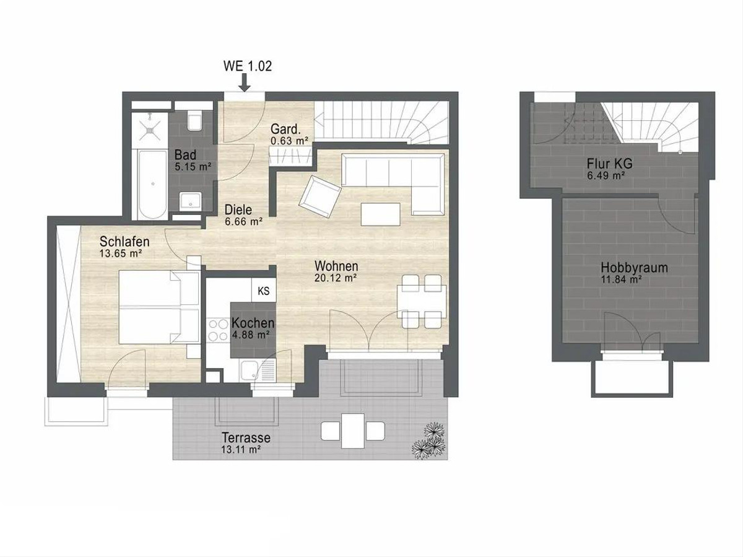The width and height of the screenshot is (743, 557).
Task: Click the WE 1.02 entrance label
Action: coord(248,66)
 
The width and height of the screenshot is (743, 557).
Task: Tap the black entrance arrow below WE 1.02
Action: coord(244,83)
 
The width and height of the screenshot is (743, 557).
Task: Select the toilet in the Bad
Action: coord(194,121)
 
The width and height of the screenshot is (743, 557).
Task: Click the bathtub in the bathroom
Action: coord(153,185)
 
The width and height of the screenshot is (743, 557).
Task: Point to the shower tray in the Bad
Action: coord(149,129)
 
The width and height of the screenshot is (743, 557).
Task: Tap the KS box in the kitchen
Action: coord(264,291)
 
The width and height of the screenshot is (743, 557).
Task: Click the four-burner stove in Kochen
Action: coord(218,330)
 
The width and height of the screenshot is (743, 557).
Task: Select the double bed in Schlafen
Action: coord(159,307)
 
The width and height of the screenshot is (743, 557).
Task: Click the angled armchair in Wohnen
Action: coord(320,197)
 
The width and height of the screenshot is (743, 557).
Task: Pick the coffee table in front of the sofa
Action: coord(380,214)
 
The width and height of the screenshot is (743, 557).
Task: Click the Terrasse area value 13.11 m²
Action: coord(241,450)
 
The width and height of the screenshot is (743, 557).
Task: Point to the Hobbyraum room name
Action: coord(634,268)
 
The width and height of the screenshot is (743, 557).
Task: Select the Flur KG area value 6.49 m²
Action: coord(606,176)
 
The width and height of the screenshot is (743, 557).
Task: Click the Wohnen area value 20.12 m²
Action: coord(336,278)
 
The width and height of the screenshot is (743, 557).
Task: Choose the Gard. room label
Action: coord(285,129)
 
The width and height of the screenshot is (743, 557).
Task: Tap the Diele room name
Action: coord(238,210)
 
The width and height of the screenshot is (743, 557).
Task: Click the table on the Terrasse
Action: coord(353,431)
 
